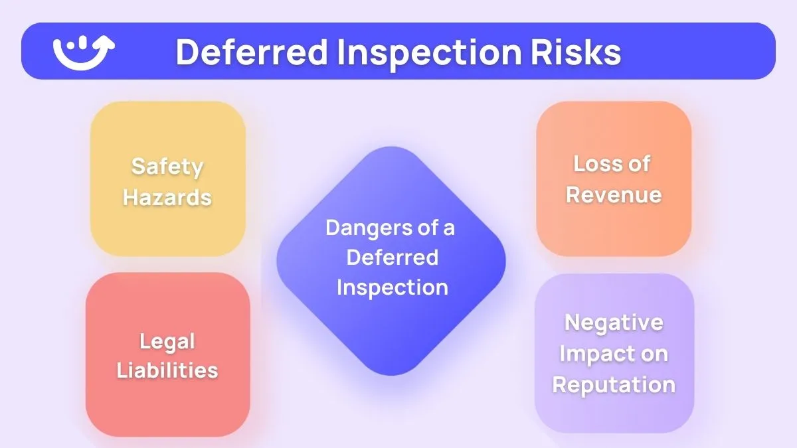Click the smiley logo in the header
pyautogui.click(x=83, y=51)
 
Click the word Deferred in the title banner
pyautogui.click(x=252, y=52)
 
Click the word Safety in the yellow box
pyautogui.click(x=167, y=165)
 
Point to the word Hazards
pyautogui.click(x=167, y=196)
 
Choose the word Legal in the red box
pyautogui.click(x=167, y=341)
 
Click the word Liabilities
pyautogui.click(x=167, y=370)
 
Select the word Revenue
pyautogui.click(x=614, y=194)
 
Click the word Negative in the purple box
pyautogui.click(x=614, y=322)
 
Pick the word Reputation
pyautogui.click(x=614, y=384)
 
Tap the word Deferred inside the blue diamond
pyautogui.click(x=392, y=257)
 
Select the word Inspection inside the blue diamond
pyautogui.click(x=392, y=287)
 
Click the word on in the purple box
pyautogui.click(x=654, y=353)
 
